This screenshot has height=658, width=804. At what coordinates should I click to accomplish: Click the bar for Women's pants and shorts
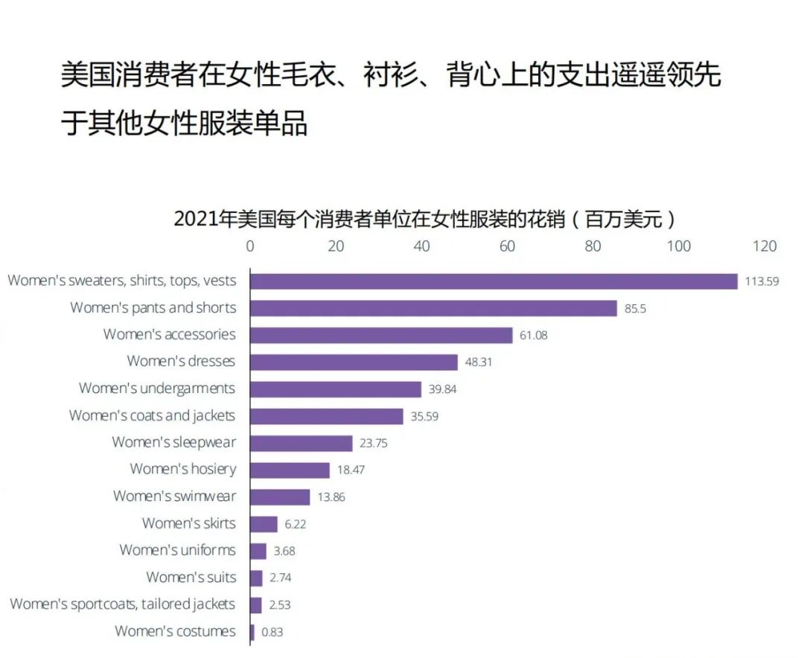pyautogui.click(x=433, y=308)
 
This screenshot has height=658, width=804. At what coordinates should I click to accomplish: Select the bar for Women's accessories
pyautogui.click(x=381, y=335)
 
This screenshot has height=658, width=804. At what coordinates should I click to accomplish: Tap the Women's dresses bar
pyautogui.click(x=354, y=362)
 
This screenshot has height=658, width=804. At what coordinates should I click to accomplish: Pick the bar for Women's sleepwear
pyautogui.click(x=301, y=443)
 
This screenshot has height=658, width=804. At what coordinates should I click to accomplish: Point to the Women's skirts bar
pyautogui.click(x=264, y=524)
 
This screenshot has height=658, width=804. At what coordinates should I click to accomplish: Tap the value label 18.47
pyautogui.click(x=351, y=470)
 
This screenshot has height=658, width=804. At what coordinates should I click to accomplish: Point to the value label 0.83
pyautogui.click(x=272, y=633)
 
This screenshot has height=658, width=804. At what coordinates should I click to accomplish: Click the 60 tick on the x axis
pyautogui.click(x=507, y=246)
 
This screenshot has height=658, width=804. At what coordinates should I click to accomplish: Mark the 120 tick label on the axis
pyautogui.click(x=764, y=246)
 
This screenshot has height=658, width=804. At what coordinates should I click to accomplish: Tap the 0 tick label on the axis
pyautogui.click(x=250, y=246)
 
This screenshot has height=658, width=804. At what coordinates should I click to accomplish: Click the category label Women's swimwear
pyautogui.click(x=174, y=496)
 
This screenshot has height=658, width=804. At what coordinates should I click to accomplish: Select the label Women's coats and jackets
pyautogui.click(x=152, y=415)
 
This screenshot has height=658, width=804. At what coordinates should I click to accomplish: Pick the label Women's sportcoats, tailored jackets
pyautogui.click(x=122, y=604)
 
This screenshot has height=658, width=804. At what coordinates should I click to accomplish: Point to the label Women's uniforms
pyautogui.click(x=177, y=550)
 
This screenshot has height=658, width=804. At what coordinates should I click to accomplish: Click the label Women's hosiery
pyautogui.click(x=182, y=469)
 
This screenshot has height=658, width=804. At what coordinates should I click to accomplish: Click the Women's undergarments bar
pyautogui.click(x=335, y=389)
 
